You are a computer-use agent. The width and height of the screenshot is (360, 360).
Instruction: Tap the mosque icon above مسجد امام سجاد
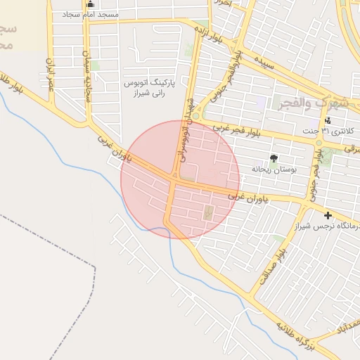pyautogui.click(x=90, y=4)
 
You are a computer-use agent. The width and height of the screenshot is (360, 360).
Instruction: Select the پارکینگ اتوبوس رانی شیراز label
pyautogui.click(x=144, y=88)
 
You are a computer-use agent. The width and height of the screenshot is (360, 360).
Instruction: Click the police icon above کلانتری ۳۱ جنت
pyautogui.click(x=328, y=120)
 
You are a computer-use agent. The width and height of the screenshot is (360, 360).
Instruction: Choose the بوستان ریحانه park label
pyautogui.click(x=274, y=169)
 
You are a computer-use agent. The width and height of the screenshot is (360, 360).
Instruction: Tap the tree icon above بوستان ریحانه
pyautogui.click(x=274, y=158)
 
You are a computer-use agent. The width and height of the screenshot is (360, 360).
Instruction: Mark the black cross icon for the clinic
pyautogui.click(x=328, y=214)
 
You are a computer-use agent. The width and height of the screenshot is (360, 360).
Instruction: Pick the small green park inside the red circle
pyautogui.click(x=208, y=212)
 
